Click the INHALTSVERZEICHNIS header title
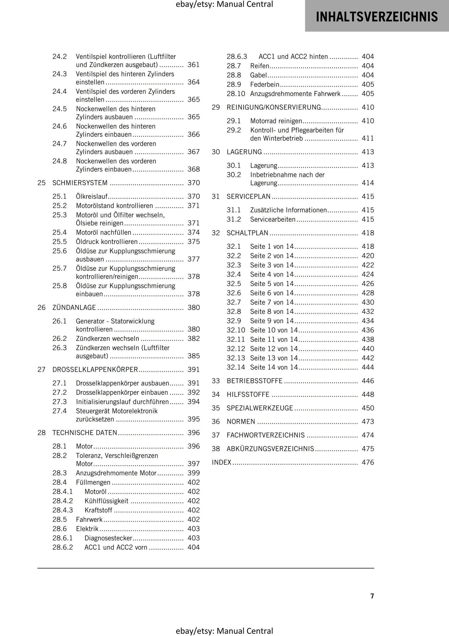coord(377,16)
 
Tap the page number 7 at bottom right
coord(372,596)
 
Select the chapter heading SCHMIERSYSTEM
coord(80,183)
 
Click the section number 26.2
coord(59,339)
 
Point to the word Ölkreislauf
coord(92,197)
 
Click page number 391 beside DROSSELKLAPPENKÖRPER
coord(194,370)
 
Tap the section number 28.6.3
coord(237,57)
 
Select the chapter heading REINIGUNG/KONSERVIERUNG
coord(274,107)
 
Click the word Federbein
coord(264,85)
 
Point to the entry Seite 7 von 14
coord(272,302)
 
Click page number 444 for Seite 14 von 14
coord(368,367)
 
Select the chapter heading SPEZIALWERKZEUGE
coord(260,408)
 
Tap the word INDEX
coord(222,462)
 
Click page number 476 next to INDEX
coord(368,462)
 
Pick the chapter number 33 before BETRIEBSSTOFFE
coord(216,381)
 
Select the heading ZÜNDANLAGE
coord(74,308)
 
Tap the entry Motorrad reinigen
coord(276,121)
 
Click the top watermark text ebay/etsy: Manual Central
coord(224,4)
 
